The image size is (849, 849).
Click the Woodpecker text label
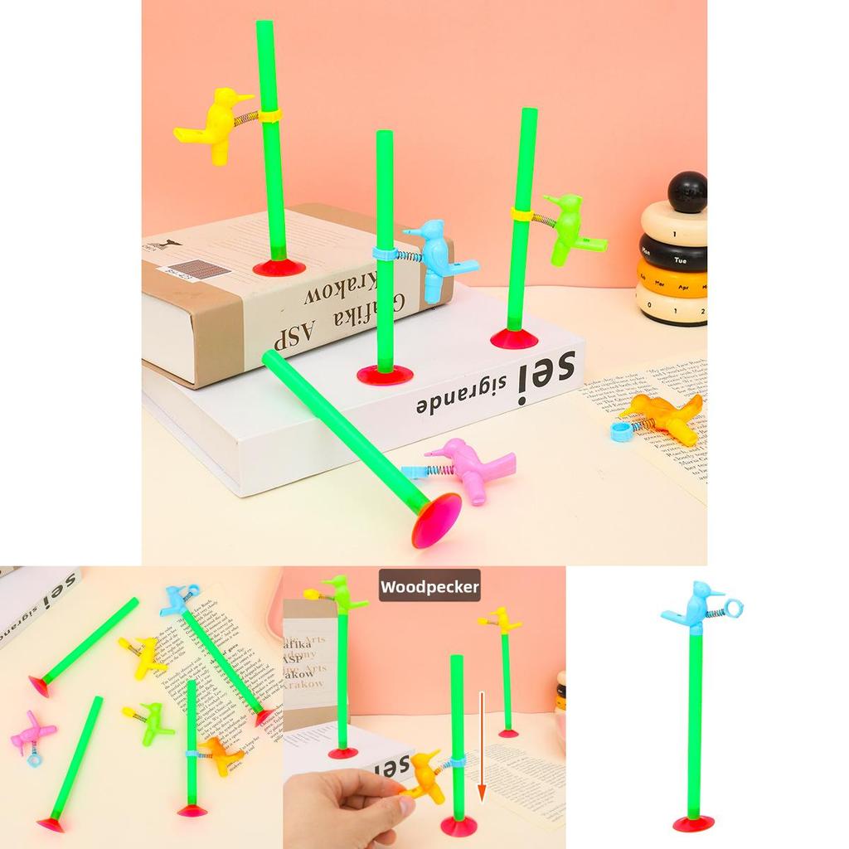(x=429, y=587)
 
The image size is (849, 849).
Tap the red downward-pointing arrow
(x=481, y=746)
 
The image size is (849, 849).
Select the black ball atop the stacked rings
(x=687, y=192)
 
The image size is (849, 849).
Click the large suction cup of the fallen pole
(x=437, y=520)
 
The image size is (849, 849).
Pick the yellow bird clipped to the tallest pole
(x=215, y=124)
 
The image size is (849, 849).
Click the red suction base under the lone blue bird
(x=693, y=822)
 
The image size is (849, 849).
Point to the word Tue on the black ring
(x=680, y=260)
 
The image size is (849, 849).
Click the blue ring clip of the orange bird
(x=621, y=430)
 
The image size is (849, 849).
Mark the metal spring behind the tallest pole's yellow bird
(x=246, y=119)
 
